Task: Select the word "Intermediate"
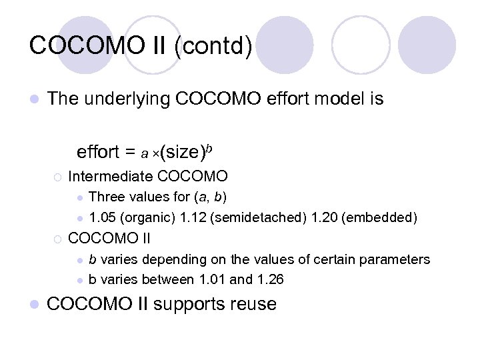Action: [x=110, y=177]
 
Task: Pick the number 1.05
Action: [x=103, y=217]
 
